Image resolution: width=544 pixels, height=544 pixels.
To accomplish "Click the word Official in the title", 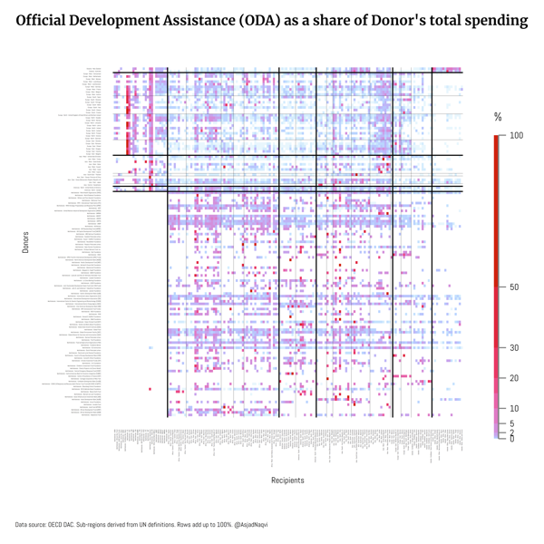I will [x=45, y=20].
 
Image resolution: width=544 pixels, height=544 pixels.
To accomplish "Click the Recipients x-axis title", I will [x=287, y=481].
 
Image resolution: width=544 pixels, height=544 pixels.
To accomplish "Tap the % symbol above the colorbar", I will [x=498, y=118].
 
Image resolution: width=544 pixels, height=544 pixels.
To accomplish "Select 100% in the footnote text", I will [x=209, y=525].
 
